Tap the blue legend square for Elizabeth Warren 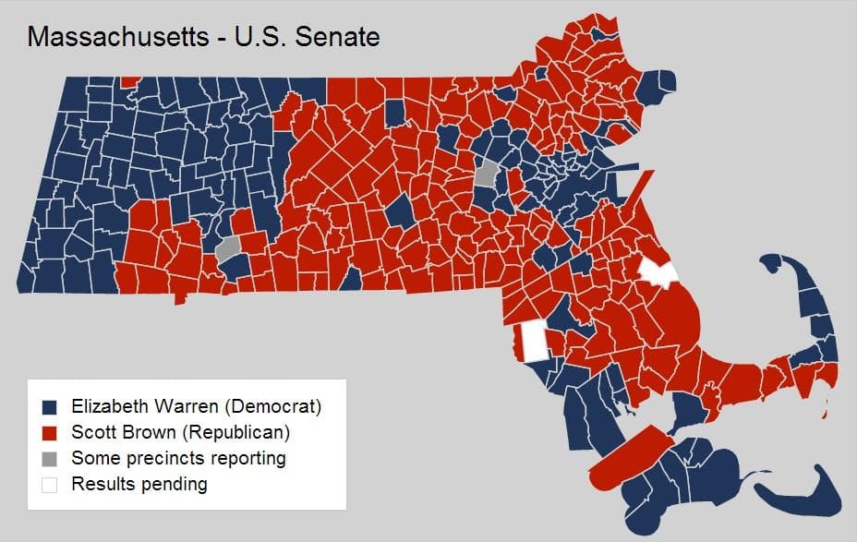pyautogui.click(x=50, y=406)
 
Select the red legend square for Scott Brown pyautogui.click(x=50, y=432)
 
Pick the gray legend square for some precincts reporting pyautogui.click(x=50, y=458)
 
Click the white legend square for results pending pyautogui.click(x=50, y=484)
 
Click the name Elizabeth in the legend pyautogui.click(x=110, y=406)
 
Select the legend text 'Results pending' pyautogui.click(x=139, y=484)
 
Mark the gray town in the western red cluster pyautogui.click(x=227, y=247)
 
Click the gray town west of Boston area pyautogui.click(x=487, y=173)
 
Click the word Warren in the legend pyautogui.click(x=179, y=406)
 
